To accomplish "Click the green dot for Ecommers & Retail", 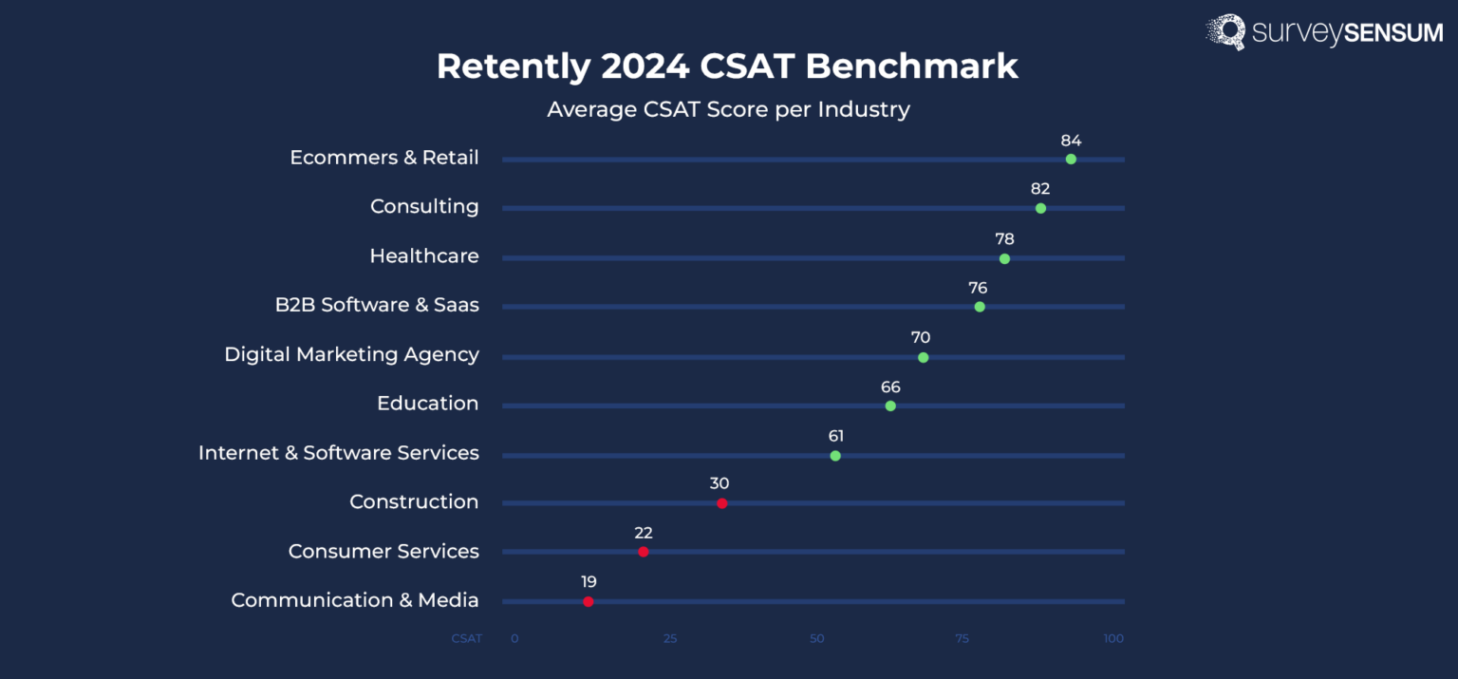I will [1071, 159].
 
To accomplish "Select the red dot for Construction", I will [721, 503].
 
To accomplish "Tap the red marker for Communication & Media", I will [589, 601].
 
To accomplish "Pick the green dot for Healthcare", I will [1004, 258].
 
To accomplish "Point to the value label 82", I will [1040, 189].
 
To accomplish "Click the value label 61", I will [835, 436].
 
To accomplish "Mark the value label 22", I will [644, 533].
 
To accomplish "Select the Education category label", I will [427, 404].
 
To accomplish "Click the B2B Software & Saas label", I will [377, 305].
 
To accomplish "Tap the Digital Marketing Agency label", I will [351, 354].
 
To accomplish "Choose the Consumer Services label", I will [383, 552].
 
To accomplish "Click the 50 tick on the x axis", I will [816, 639].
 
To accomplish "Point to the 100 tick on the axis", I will [1113, 639].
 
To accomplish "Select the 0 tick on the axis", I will [514, 639].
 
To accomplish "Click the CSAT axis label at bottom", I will [466, 639].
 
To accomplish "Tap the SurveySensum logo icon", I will [1225, 31].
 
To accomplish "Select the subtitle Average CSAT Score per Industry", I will [728, 109].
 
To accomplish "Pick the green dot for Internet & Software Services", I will [835, 456].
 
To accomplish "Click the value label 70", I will [920, 337].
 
